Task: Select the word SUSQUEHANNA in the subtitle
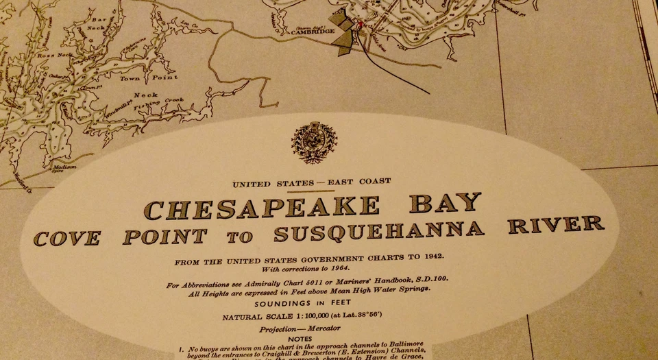377,231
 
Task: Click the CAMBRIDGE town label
313,32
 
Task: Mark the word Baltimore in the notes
422,343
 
